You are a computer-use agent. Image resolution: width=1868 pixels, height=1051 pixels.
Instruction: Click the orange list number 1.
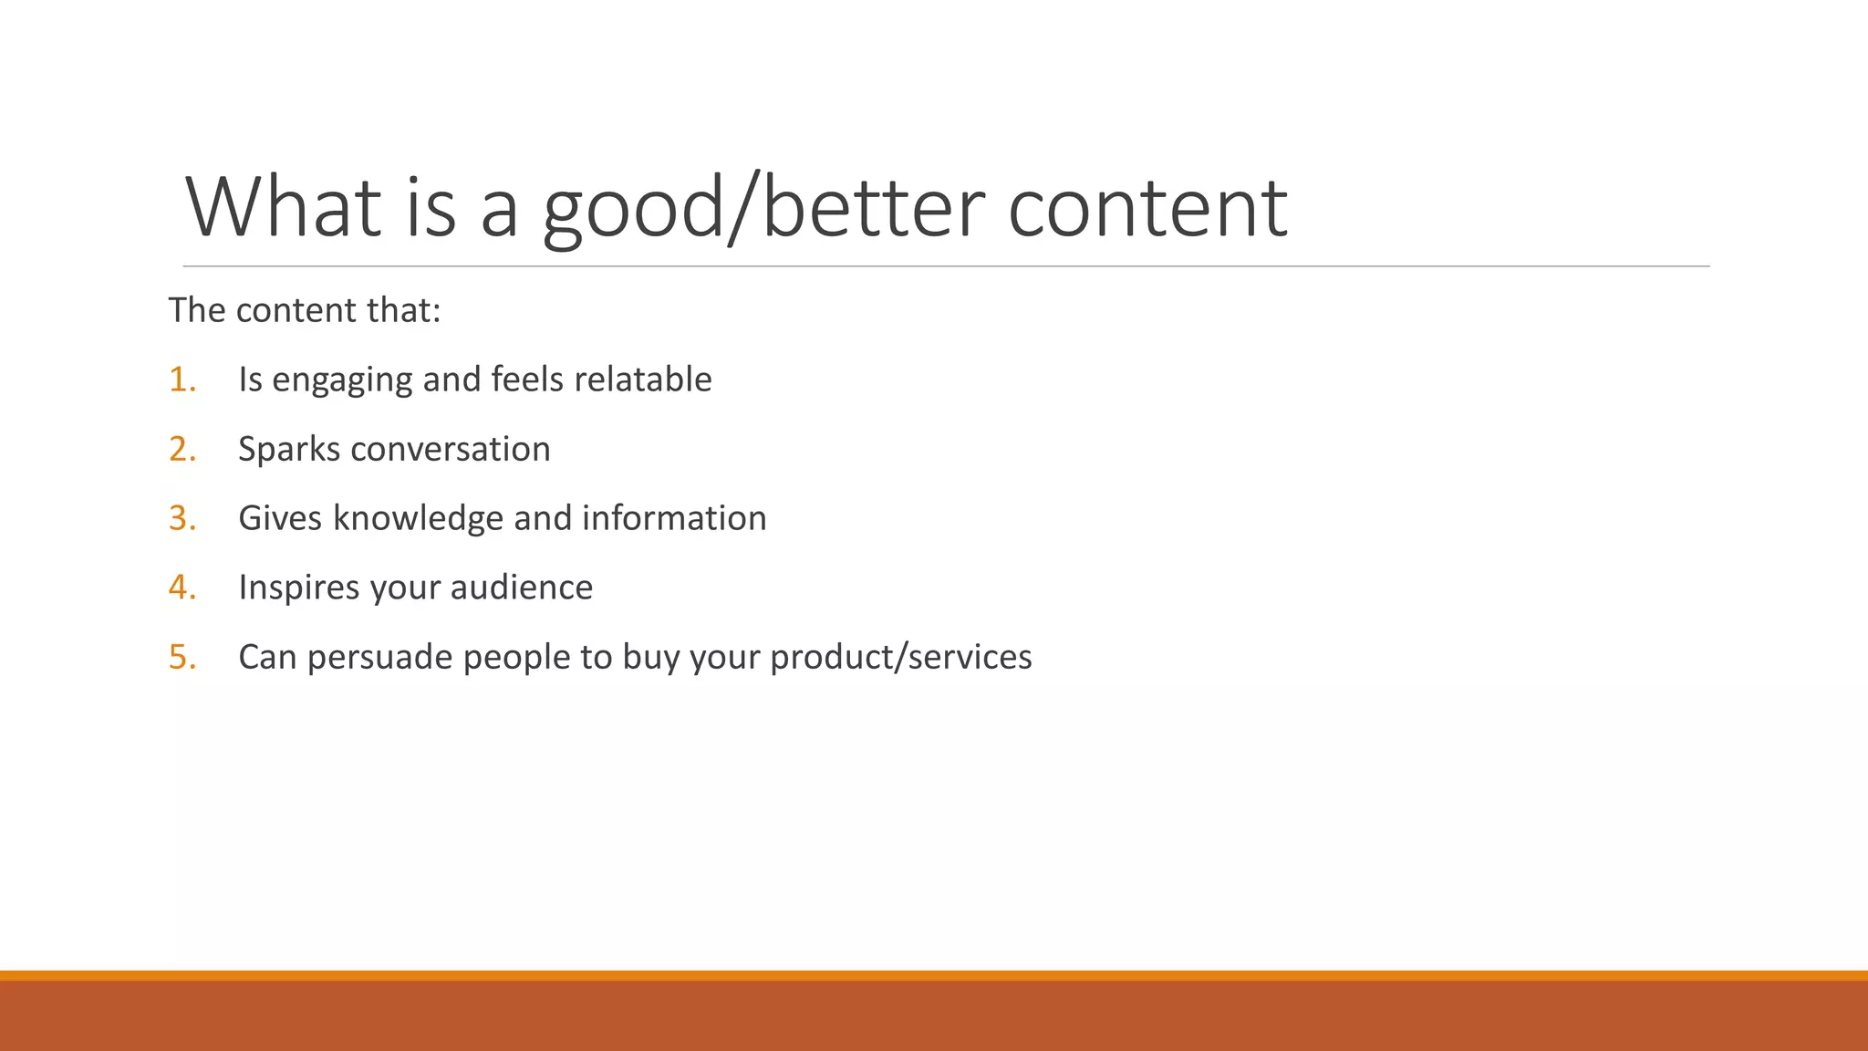pos(182,380)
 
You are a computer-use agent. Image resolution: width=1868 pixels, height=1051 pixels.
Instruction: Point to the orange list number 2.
pos(182,449)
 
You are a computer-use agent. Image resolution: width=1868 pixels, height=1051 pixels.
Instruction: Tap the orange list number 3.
pos(182,518)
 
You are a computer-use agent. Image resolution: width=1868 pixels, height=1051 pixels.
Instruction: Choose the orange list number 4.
pos(182,588)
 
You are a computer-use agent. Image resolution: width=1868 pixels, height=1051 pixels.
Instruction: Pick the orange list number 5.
pos(182,657)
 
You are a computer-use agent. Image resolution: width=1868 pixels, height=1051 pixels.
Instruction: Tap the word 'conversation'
pos(450,449)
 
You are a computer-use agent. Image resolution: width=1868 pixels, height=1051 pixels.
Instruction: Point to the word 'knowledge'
pos(418,519)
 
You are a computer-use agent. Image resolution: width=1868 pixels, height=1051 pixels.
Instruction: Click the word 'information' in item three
pos(674,518)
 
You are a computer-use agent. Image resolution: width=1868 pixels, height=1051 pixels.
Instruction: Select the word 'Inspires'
pos(299,588)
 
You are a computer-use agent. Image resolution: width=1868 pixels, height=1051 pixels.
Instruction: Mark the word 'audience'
pos(521,588)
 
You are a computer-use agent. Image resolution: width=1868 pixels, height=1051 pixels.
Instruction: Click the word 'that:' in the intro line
pos(403,310)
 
